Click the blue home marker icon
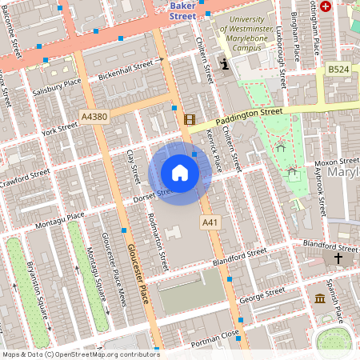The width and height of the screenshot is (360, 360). (x=180, y=173)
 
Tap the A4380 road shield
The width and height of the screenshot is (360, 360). (x=94, y=117)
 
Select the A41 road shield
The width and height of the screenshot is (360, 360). (x=210, y=222)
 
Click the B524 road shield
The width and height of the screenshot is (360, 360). (x=338, y=70)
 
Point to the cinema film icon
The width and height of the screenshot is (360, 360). (x=190, y=119)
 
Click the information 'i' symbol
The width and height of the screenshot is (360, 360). (x=226, y=63)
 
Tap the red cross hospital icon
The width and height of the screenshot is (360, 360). (x=326, y=6)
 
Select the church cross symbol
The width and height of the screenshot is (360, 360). (x=338, y=258)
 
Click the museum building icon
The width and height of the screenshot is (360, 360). (x=320, y=298)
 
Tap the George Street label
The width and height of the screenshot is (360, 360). (x=262, y=296)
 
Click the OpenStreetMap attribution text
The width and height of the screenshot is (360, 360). (x=80, y=354)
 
